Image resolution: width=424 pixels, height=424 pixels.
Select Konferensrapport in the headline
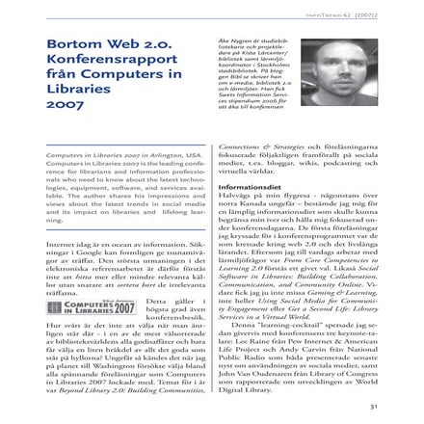pos(99,65)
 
